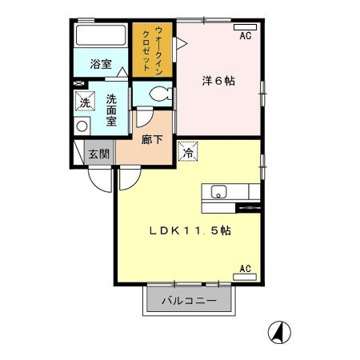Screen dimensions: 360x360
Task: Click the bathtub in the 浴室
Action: (101, 35)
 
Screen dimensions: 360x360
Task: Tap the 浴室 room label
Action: (101, 64)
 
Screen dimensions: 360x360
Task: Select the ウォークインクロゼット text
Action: (152, 50)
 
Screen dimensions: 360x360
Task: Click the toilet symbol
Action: (161, 94)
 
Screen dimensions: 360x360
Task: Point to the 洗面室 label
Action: (111, 110)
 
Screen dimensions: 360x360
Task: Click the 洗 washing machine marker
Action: (85, 101)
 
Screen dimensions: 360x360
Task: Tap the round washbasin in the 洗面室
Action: (82, 126)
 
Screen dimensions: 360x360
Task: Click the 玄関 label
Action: (99, 154)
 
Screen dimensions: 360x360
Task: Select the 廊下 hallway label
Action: (152, 139)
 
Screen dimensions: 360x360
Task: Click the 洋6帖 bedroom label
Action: (218, 81)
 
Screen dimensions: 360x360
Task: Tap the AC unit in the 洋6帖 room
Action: (245, 27)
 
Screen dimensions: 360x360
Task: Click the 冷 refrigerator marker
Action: (188, 151)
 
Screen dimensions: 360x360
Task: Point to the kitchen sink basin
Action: (218, 192)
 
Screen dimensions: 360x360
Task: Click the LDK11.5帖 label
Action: (190, 230)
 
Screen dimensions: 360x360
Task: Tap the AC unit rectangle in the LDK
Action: (245, 277)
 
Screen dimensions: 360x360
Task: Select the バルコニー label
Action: (189, 301)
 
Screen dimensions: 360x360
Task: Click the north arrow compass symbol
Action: (279, 333)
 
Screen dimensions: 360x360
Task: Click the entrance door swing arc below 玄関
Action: (96, 185)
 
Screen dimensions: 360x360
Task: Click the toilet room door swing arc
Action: (147, 123)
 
